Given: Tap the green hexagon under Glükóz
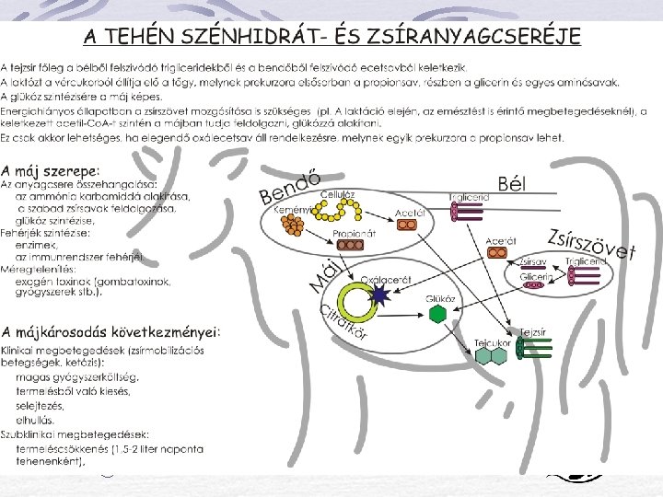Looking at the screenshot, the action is point(437,313).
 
